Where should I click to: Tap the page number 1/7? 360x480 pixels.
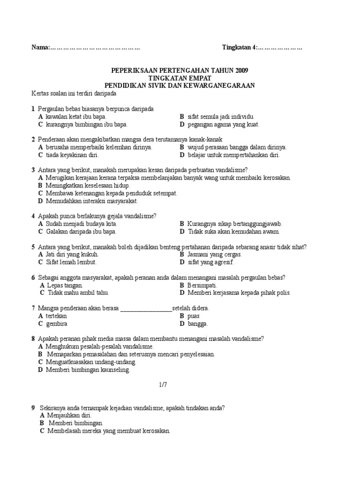coord(163,384)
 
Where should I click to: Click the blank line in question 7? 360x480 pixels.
coord(146,308)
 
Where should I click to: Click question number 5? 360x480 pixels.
coord(33,247)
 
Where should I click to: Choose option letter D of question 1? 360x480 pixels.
coord(182,125)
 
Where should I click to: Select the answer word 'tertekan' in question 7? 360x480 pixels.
coord(56,316)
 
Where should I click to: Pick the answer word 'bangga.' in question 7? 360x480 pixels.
coord(198,323)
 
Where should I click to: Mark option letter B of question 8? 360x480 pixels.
coord(41,354)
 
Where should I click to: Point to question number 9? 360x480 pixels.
coord(33,408)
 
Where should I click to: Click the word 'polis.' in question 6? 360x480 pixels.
coord(283,292)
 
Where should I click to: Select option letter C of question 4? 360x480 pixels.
coord(41,232)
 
